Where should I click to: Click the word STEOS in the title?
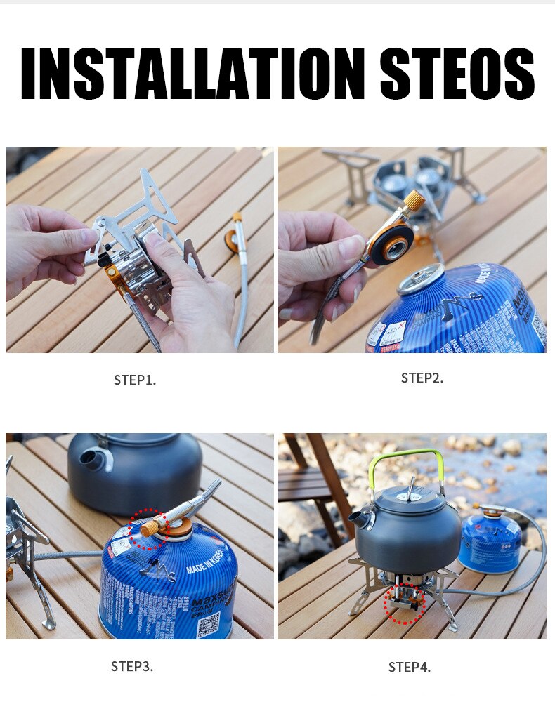457,74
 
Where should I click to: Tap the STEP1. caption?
135,380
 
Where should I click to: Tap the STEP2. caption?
422,378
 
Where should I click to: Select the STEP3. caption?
132,666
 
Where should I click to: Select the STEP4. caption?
410,667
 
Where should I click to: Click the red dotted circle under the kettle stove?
405,603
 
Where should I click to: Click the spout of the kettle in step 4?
358,519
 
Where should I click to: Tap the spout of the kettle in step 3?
94,460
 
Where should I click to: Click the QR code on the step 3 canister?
208,623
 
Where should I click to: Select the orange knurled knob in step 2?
413,199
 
